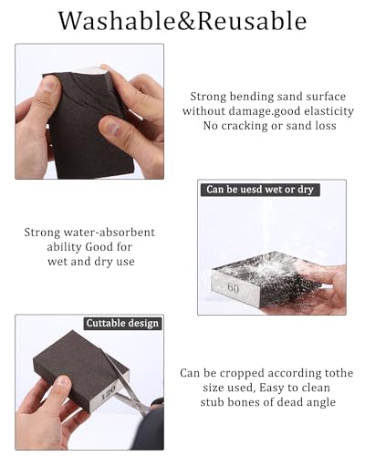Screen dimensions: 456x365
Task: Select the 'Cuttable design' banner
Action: pos(122,323)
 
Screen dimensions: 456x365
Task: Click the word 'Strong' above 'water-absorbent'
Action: pos(43,233)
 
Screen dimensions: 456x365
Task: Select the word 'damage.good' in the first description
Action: pos(251,110)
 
